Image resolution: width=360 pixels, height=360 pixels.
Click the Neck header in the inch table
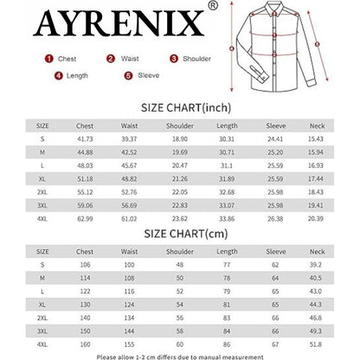coord(317,125)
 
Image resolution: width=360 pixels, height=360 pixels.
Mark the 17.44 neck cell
coord(317,178)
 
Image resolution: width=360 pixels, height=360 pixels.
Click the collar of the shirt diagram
coord(276,12)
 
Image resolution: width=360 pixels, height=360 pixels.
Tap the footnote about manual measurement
coord(180,355)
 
